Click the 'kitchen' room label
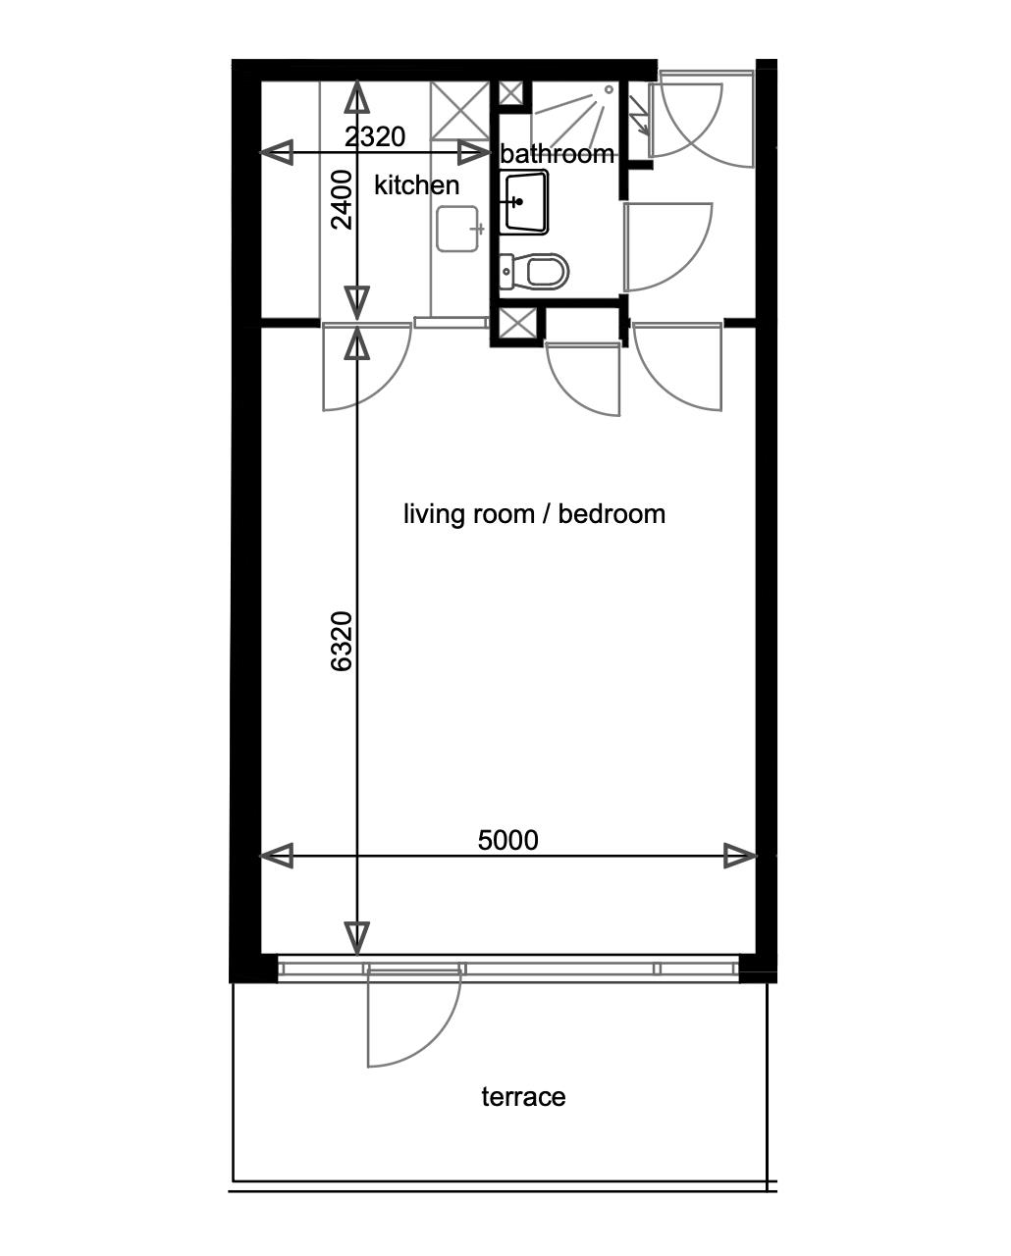coord(416,185)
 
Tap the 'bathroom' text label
coord(558,154)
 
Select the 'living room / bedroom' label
coord(534,514)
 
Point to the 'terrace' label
coord(523,1097)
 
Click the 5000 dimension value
coord(507,840)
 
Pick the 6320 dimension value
coord(342,641)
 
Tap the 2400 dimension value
coord(342,199)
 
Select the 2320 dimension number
coord(374,136)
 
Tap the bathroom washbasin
coord(524,202)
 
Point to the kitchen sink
coord(458,229)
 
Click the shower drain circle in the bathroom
coord(609,90)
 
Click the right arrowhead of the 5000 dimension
coord(741,857)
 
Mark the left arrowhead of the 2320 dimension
coord(276,153)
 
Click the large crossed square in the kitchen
coord(459,111)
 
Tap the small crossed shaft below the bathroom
coord(517,324)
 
